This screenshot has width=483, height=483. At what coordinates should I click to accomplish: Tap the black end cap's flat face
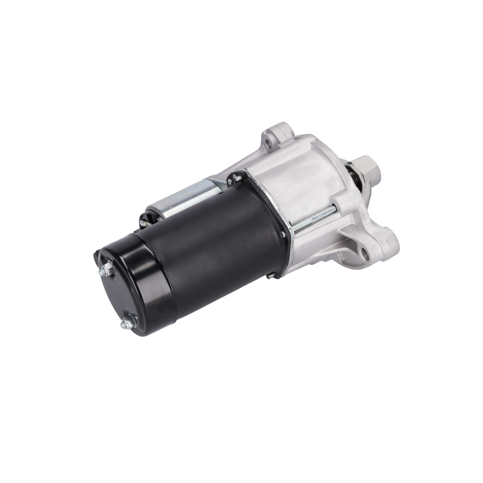(129, 290)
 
